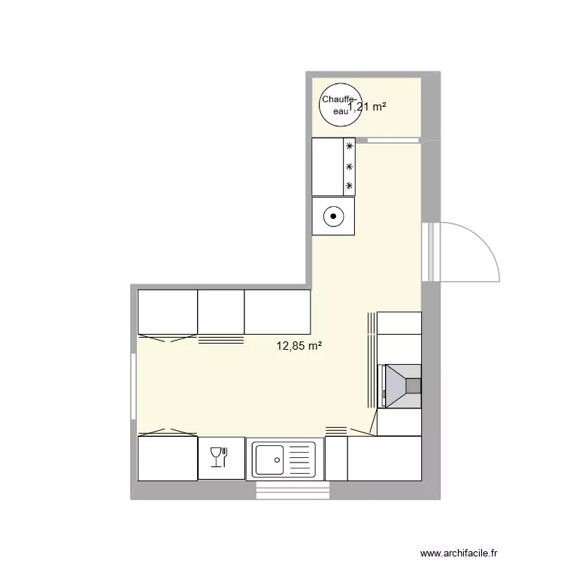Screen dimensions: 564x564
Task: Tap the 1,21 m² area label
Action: click(368, 107)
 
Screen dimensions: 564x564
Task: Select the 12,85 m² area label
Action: click(299, 346)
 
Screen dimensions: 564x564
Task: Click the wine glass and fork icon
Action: click(221, 457)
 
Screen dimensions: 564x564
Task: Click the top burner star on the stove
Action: click(349, 147)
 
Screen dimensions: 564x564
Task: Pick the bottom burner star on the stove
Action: click(349, 185)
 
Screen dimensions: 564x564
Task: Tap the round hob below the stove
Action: click(332, 217)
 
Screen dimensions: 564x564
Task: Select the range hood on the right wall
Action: click(402, 386)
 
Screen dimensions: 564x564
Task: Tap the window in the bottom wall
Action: click(293, 490)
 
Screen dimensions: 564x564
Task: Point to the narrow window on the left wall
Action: click(134, 387)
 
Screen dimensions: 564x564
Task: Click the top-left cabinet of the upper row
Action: click(168, 311)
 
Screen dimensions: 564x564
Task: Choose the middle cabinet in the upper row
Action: click(221, 311)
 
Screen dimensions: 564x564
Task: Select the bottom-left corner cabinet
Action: click(168, 457)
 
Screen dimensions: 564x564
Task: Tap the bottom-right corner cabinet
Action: click(384, 457)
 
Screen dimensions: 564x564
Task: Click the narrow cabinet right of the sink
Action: click(335, 457)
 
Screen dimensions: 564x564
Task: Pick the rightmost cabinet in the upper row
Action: click(277, 311)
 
